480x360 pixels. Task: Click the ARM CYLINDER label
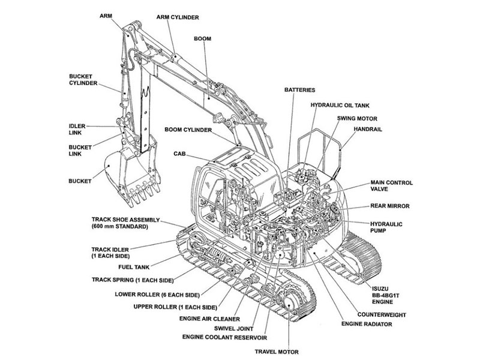click(178, 17)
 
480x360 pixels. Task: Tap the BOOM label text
click(202, 38)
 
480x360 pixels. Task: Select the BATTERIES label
click(299, 90)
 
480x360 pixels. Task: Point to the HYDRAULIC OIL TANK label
click(340, 106)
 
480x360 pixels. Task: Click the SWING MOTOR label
click(357, 118)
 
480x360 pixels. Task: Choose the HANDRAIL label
click(368, 129)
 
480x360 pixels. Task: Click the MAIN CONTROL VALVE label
click(392, 186)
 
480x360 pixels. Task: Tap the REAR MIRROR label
click(389, 206)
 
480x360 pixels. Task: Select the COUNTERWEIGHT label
click(382, 314)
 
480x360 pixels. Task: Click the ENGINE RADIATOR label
click(367, 324)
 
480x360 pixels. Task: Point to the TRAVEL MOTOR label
click(277, 352)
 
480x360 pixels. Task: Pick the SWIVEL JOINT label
click(233, 329)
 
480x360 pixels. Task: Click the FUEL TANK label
click(134, 267)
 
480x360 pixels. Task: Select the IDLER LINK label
click(77, 130)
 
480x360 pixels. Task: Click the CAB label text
click(179, 154)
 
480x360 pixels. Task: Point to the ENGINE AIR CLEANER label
click(209, 319)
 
